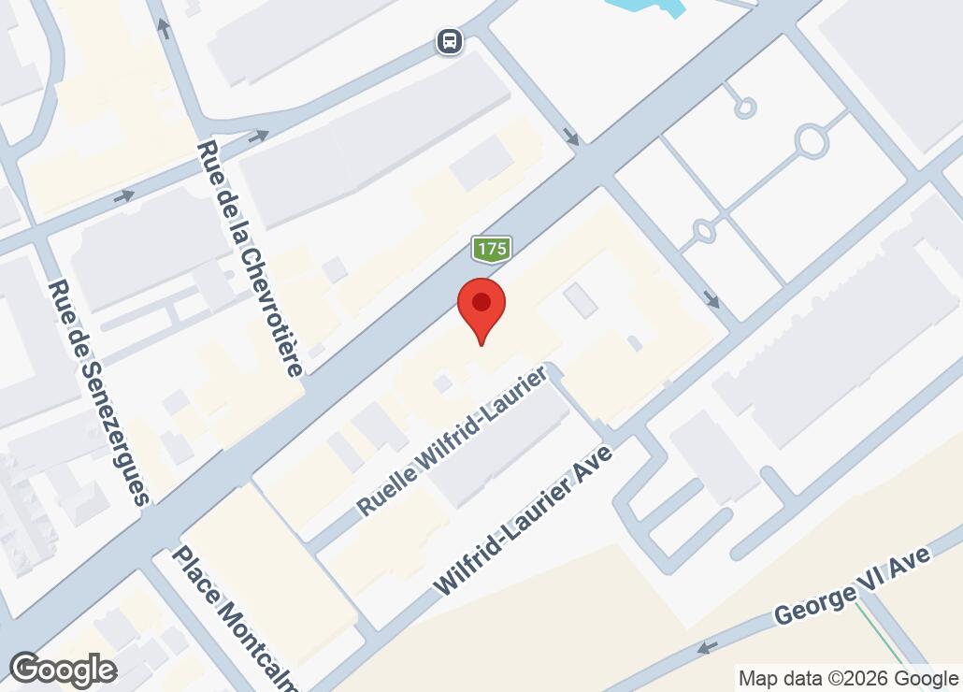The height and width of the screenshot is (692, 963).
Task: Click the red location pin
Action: (x=481, y=308)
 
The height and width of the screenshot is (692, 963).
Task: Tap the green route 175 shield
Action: (x=491, y=250)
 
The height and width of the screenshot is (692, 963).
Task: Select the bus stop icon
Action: (x=450, y=41)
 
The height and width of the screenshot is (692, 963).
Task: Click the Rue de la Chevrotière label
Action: (x=250, y=258)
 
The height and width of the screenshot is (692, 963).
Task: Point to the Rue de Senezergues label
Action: (x=99, y=393)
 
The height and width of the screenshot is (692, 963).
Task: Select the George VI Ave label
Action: (x=853, y=587)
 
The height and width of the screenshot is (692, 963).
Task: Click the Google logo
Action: (x=63, y=670)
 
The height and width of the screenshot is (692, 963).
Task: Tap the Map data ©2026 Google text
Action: (x=848, y=678)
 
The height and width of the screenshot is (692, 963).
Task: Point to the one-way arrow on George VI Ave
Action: (x=708, y=647)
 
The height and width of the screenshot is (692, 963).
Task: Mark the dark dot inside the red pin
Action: (x=481, y=302)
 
